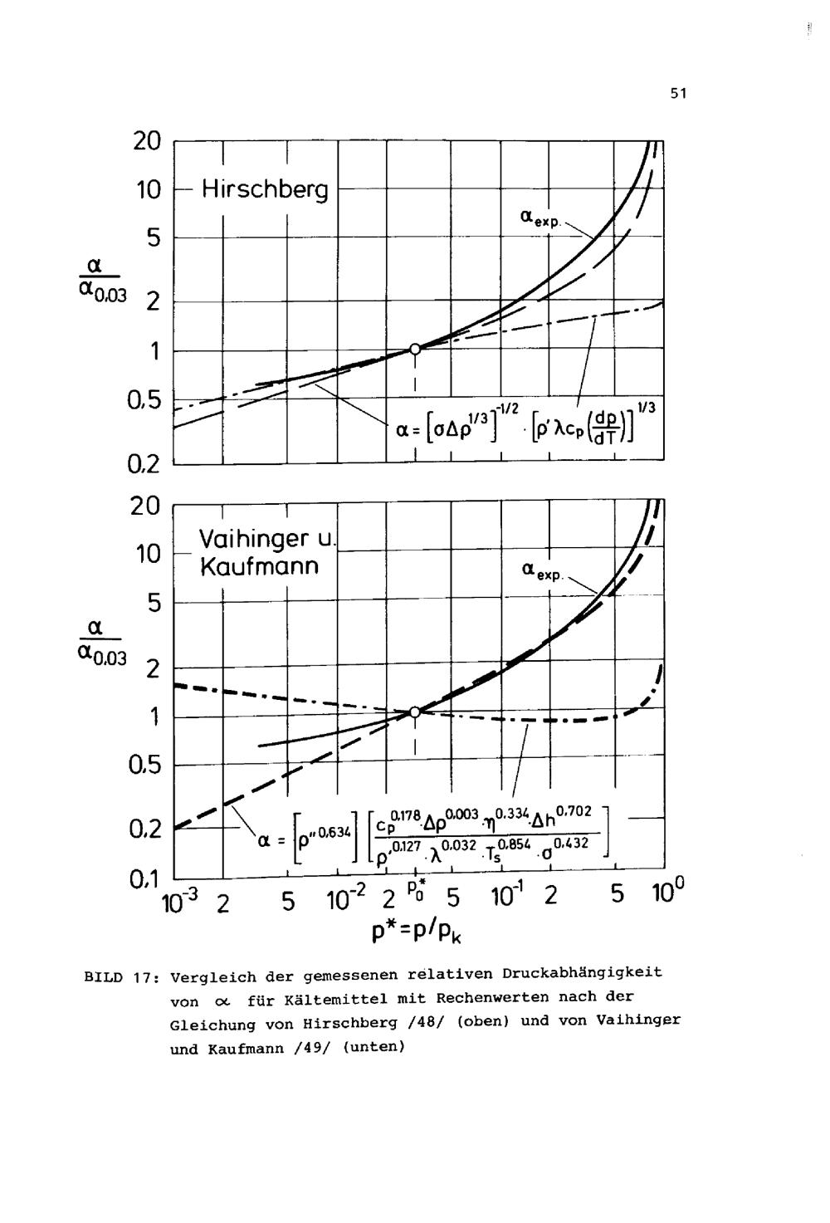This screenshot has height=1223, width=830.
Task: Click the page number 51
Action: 678,95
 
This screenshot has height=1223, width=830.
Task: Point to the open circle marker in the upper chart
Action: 415,350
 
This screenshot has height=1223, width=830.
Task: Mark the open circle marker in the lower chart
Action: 415,712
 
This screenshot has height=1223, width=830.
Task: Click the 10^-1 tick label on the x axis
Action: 503,898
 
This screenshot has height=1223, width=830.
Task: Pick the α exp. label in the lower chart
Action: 542,571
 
